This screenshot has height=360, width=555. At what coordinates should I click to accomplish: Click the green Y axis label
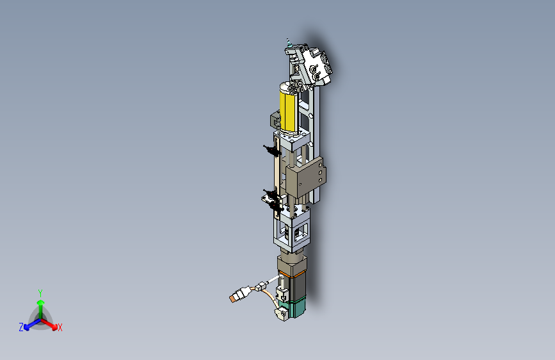tap(40, 293)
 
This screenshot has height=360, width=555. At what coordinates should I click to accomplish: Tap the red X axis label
tap(60, 327)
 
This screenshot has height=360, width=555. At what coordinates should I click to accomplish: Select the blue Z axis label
tap(21, 327)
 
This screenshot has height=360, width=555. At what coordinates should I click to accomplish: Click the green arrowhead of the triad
tap(41, 303)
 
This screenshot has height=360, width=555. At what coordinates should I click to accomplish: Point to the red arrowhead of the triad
tap(54, 327)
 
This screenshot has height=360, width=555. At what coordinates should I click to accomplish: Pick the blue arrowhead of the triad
tap(26, 327)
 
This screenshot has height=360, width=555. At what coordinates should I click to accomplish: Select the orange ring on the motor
tap(293, 274)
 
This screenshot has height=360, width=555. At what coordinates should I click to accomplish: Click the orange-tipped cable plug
tap(241, 295)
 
